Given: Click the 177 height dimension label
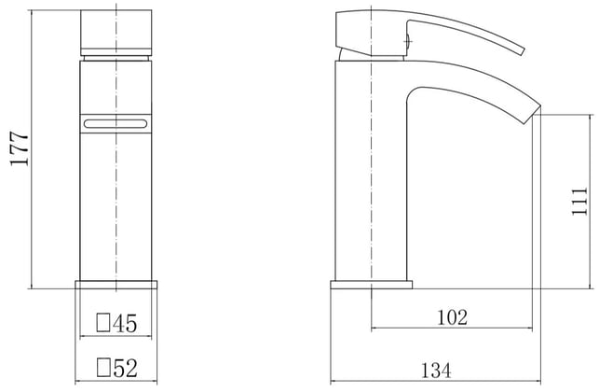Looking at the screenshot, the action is (x=20, y=148).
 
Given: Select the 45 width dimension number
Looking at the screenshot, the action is (x=125, y=323).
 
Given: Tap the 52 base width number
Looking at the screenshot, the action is (x=125, y=368).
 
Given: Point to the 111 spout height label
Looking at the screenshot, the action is (x=579, y=202).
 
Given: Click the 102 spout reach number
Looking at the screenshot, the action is (x=452, y=317).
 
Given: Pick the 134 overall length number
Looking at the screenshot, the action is (x=436, y=371).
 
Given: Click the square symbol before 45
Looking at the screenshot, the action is (x=103, y=323).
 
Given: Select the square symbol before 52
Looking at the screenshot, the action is (x=103, y=367).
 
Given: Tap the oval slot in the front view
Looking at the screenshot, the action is (x=115, y=123).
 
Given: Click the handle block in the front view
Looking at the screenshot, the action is (x=116, y=33).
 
